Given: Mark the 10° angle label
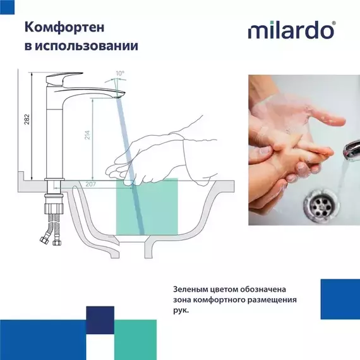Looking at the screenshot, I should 121,74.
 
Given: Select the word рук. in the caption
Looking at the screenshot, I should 180,311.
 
